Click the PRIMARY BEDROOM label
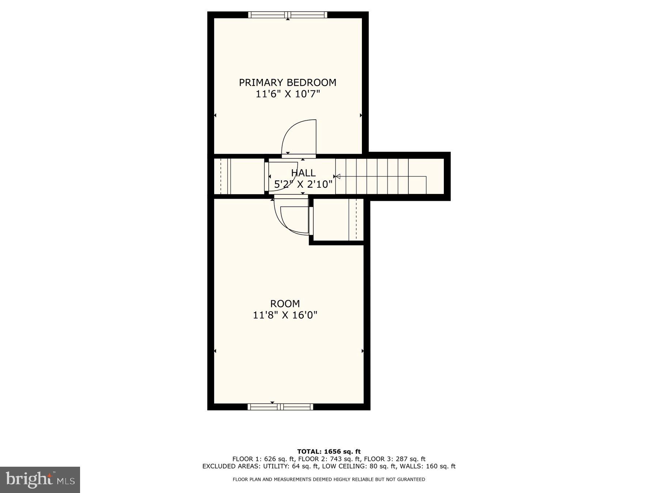[287, 83]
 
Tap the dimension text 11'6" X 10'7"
[287, 94]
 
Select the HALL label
[303, 173]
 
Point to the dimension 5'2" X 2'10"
[303, 184]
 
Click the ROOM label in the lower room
[285, 303]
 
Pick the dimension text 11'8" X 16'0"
[285, 315]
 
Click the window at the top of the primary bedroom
[287, 15]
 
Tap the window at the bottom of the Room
[280, 407]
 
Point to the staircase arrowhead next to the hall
[338, 177]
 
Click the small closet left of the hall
[239, 177]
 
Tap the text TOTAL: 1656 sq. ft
[329, 452]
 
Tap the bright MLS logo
[40, 479]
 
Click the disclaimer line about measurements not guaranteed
[329, 479]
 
